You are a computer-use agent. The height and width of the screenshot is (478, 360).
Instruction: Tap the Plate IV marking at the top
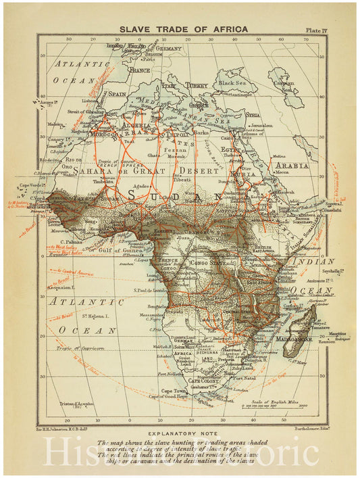click(315, 30)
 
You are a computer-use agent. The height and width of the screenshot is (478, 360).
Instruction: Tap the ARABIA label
click(291, 165)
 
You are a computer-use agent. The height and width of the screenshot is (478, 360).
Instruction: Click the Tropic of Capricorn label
click(75, 349)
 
